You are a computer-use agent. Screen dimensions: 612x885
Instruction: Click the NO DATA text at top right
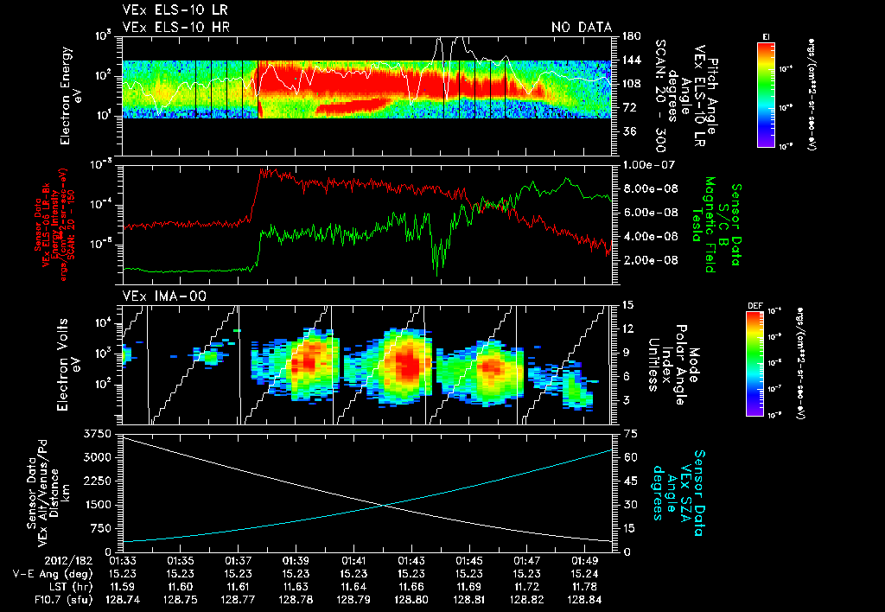[x=582, y=28]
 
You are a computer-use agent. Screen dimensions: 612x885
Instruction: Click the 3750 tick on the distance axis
[x=98, y=432]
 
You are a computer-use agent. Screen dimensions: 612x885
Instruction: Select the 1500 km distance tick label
[x=98, y=504]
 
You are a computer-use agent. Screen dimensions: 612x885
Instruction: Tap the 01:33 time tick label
[x=123, y=560]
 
